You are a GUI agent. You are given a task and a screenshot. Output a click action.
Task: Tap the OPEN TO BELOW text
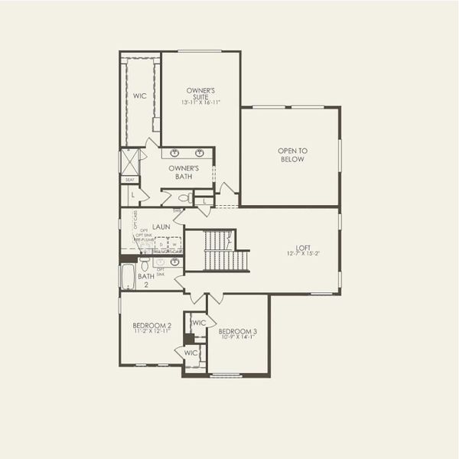pyautogui.click(x=291, y=155)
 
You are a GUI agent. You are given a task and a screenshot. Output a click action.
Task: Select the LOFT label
pyautogui.click(x=304, y=248)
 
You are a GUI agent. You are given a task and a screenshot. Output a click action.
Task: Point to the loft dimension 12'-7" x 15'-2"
pyautogui.click(x=304, y=255)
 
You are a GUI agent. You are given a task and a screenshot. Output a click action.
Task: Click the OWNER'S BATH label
pyautogui.click(x=184, y=172)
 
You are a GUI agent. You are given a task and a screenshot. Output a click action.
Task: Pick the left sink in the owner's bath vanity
pyautogui.click(x=175, y=152)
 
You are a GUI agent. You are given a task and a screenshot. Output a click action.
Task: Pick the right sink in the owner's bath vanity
pyautogui.click(x=200, y=152)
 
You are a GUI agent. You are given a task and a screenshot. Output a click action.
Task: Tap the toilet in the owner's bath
pyautogui.click(x=184, y=198)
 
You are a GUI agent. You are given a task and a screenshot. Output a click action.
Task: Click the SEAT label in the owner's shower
pyautogui.click(x=129, y=181)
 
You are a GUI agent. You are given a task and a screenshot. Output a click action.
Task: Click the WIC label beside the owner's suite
pyautogui.click(x=139, y=96)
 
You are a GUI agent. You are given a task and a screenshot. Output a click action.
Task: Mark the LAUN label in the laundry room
pyautogui.click(x=161, y=226)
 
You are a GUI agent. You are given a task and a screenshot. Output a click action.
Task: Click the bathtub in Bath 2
pyautogui.click(x=127, y=277)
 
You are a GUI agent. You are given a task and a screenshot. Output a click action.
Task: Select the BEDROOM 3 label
pyautogui.click(x=237, y=330)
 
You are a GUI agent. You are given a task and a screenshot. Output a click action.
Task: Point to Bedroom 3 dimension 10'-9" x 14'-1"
pyautogui.click(x=237, y=337)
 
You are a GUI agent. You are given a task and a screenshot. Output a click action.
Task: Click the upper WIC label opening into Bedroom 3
pyautogui.click(x=199, y=323)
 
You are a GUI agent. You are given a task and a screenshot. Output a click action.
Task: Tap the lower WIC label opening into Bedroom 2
pyautogui.click(x=191, y=352)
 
